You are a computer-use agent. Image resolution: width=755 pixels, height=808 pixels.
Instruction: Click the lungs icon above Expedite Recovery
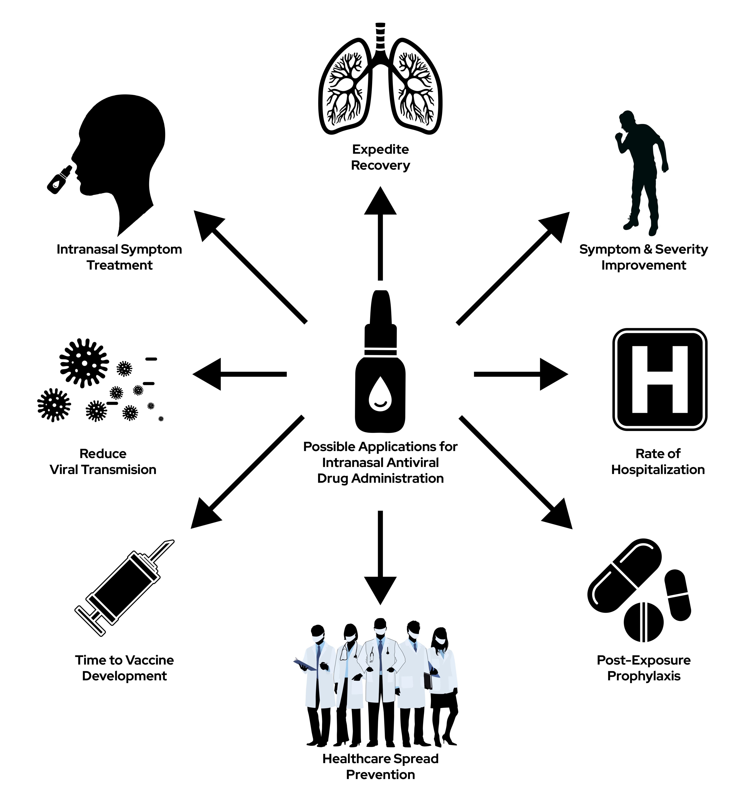[380, 81]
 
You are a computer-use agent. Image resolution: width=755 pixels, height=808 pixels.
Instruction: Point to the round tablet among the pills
[643, 622]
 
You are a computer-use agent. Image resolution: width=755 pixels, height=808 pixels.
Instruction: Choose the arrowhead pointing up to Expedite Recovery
[380, 201]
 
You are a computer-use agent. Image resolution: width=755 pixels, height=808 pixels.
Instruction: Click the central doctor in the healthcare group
[380, 683]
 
